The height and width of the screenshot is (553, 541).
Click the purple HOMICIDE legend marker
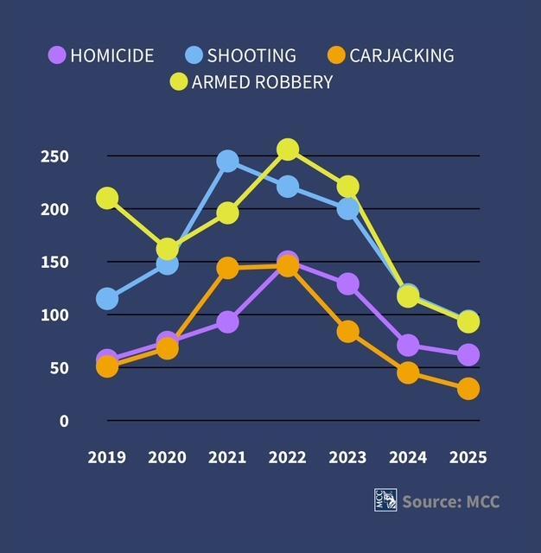tap(56, 55)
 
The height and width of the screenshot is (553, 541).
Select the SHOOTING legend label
tap(251, 55)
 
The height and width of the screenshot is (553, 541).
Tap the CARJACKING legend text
tap(401, 55)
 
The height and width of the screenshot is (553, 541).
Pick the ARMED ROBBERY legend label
tap(263, 82)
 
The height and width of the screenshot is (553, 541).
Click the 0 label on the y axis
tap(63, 421)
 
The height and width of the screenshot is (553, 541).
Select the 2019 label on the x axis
tap(106, 456)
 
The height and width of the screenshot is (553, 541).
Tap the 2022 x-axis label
tap(288, 456)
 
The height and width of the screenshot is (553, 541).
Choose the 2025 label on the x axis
tap(468, 456)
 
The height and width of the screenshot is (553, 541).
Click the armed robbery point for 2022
tap(288, 149)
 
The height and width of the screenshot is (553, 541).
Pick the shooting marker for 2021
tap(227, 161)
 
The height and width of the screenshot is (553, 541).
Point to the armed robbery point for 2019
tap(107, 198)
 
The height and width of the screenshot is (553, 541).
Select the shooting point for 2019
tap(107, 299)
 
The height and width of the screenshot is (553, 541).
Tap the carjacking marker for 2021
tap(227, 269)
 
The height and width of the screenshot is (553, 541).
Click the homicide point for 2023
tap(348, 283)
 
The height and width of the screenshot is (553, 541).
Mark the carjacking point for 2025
tap(468, 389)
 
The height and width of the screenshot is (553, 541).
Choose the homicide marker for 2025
tap(468, 354)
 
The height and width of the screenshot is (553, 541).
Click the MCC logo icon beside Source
tap(385, 500)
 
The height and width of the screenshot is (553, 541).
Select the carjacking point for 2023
tap(348, 331)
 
